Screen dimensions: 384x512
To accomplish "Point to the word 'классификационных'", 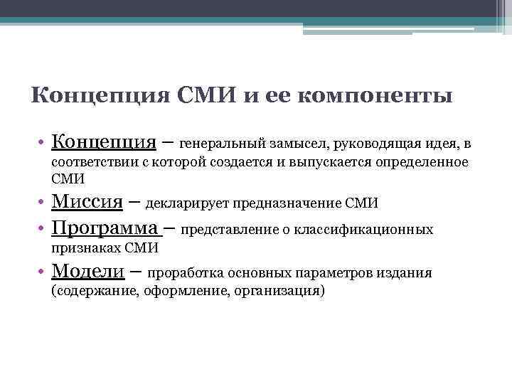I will tap(373, 230).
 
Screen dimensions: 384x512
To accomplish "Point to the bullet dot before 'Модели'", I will tap(43, 272).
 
